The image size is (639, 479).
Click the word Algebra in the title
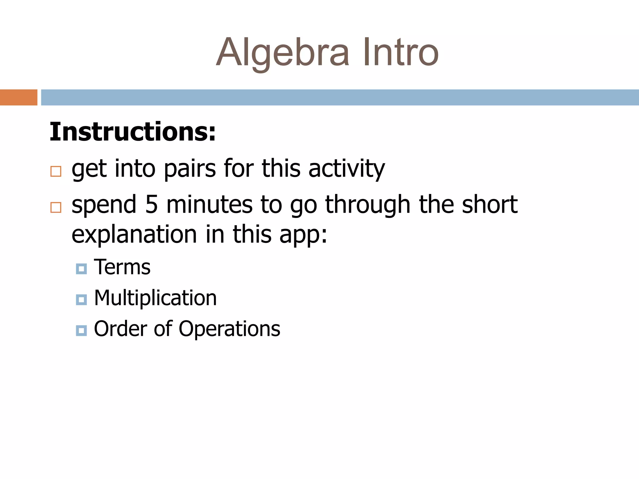tap(282, 53)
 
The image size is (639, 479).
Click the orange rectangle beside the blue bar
tap(19, 97)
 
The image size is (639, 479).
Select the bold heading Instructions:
tap(133, 132)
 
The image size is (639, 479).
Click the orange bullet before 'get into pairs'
tap(56, 171)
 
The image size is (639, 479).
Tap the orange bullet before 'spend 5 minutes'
tap(56, 207)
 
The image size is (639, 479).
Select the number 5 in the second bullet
tap(151, 205)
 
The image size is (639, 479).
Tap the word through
tap(368, 205)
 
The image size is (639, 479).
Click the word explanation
tap(134, 235)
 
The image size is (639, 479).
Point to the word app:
tap(303, 235)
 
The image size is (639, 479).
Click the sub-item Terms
tap(122, 267)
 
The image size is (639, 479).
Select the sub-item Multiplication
tap(155, 298)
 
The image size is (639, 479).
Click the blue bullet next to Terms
tap(81, 269)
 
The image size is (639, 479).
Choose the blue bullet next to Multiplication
tap(81, 300)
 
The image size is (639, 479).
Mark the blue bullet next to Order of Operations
tap(81, 331)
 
